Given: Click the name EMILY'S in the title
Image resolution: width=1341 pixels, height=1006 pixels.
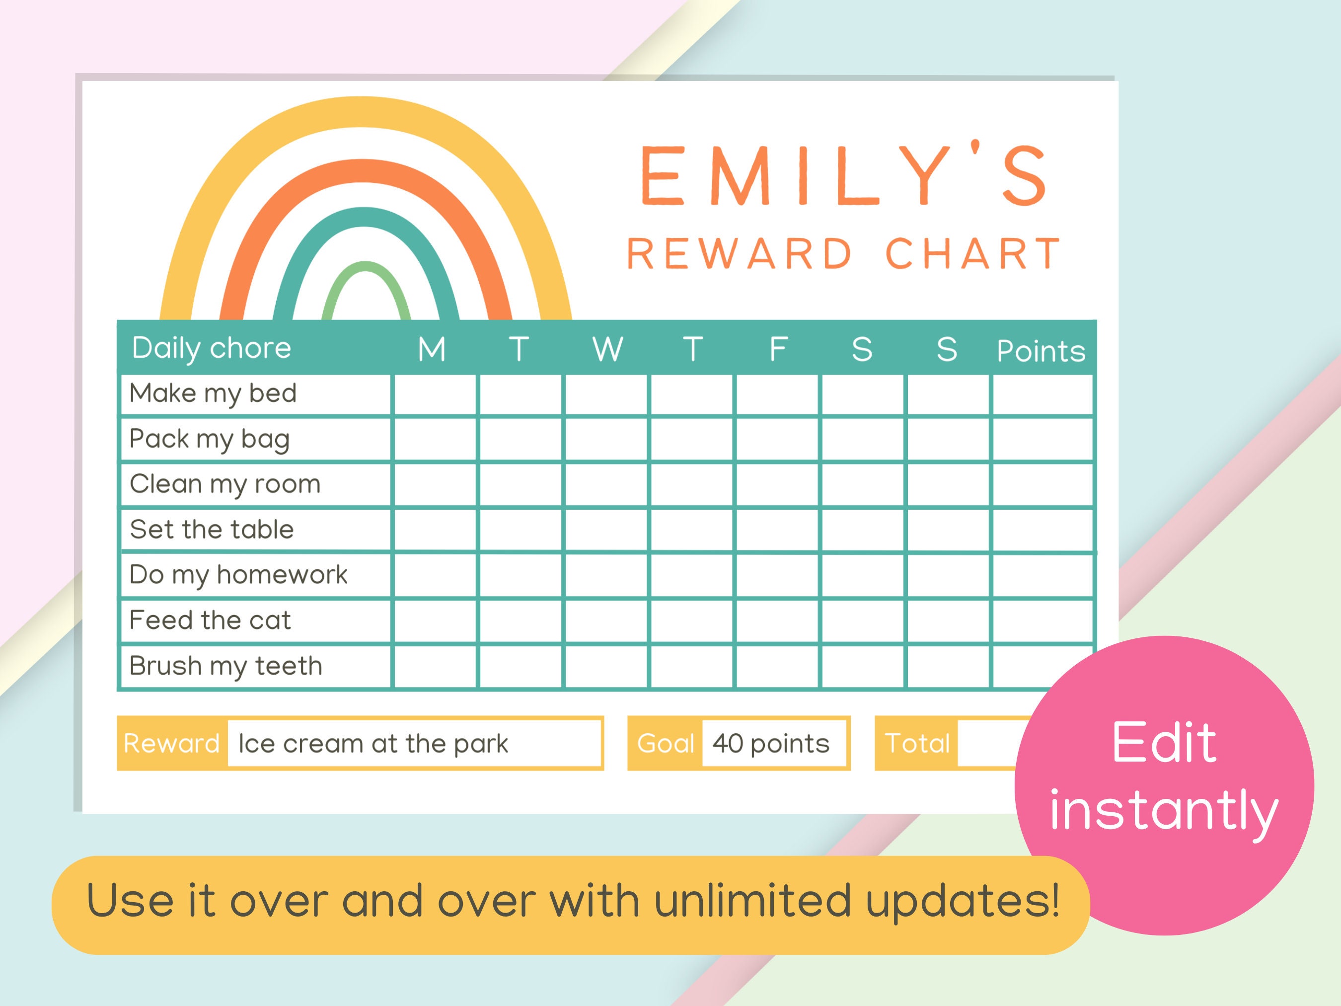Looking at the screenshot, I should coord(843,176).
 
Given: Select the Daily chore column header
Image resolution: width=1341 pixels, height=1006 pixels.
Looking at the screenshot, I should coord(212,348).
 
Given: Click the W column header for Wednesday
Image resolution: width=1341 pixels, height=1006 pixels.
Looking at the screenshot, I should coord(607,349).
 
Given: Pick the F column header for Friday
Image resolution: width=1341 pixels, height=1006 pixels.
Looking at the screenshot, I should coord(778,349).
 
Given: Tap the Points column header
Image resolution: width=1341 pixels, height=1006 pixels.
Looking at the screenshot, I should coord(1041,351).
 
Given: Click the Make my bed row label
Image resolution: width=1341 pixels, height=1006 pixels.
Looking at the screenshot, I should coord(213,393).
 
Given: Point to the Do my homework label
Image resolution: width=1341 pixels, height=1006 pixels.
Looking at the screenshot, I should coord(238,575).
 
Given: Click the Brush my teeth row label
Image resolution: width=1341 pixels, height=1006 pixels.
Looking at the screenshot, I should coord(225,666).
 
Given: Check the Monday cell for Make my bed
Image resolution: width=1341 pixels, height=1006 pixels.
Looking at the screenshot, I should coord(435,395).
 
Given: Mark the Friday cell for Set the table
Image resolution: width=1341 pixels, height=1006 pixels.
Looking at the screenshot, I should coord(777,530).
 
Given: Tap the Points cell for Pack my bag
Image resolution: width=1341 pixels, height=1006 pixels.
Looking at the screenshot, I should coord(1042,440).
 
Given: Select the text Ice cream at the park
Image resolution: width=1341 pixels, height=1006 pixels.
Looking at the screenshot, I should coord(373,743).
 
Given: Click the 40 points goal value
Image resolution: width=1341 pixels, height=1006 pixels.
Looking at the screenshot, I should coord(770,743).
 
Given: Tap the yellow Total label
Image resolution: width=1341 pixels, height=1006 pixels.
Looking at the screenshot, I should coord(917,743).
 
